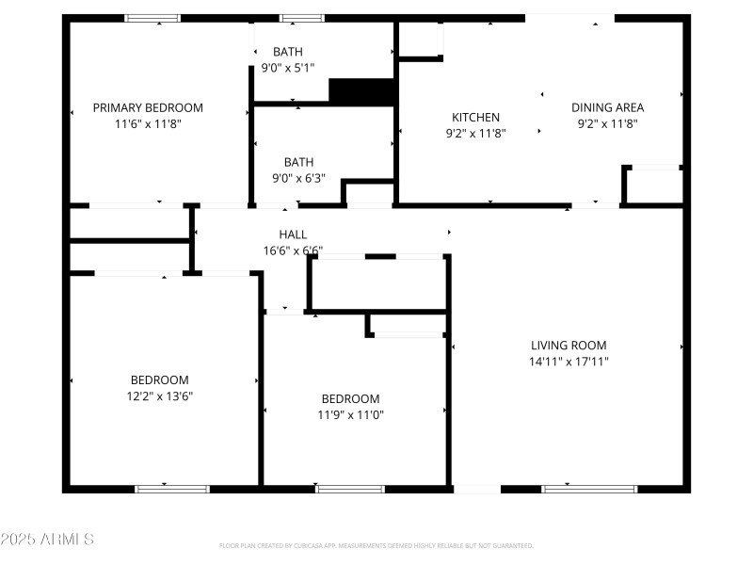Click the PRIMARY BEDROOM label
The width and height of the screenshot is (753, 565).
[x=148, y=107]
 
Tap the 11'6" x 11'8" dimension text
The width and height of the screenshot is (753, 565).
[x=148, y=123]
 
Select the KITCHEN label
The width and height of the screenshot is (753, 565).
[x=475, y=117]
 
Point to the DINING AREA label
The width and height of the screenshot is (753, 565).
[x=607, y=107]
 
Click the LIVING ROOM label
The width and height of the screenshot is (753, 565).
[x=569, y=346]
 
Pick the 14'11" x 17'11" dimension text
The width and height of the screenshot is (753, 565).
[x=569, y=362]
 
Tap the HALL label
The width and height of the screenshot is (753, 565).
[x=293, y=234]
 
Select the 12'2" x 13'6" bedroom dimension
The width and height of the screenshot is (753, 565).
[x=160, y=395]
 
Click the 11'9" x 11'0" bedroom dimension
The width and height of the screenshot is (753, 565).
[x=350, y=414]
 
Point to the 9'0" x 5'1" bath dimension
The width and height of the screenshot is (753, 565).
[x=288, y=67]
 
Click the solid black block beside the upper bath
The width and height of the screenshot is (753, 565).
[x=360, y=91]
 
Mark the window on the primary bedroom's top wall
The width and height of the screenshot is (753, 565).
[x=152, y=18]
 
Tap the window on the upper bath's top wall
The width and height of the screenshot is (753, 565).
[x=301, y=18]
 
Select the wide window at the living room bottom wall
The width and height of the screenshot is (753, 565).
[x=589, y=489]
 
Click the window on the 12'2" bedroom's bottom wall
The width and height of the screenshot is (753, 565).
[x=172, y=489]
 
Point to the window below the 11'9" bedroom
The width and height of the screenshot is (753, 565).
[x=350, y=489]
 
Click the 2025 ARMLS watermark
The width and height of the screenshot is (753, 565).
[x=47, y=540]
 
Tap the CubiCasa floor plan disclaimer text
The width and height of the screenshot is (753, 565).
[x=376, y=545]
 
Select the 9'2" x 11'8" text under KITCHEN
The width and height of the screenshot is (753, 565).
[x=475, y=133]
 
